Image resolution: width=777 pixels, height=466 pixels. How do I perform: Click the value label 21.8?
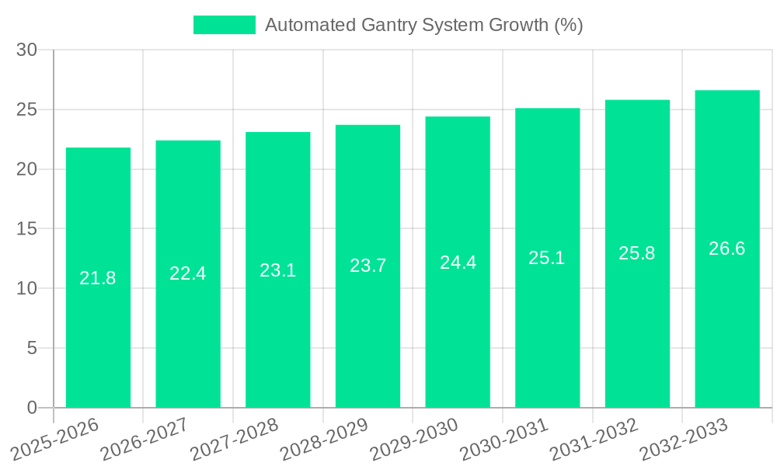(98, 278)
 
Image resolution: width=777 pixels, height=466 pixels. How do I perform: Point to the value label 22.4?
(188, 273)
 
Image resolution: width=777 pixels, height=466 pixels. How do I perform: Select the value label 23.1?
(277, 270)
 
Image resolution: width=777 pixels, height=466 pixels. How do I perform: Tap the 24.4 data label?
(458, 263)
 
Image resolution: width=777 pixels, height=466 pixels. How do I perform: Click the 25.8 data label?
(637, 253)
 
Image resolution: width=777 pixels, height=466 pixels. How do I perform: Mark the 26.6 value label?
(727, 249)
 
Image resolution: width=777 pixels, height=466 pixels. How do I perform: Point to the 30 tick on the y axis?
(26, 50)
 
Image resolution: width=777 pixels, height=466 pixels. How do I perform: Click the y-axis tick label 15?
(26, 229)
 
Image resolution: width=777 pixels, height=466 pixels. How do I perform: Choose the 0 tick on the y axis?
(32, 408)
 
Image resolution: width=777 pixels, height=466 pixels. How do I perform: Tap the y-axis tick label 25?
(26, 110)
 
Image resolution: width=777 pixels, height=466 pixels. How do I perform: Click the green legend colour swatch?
(224, 25)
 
